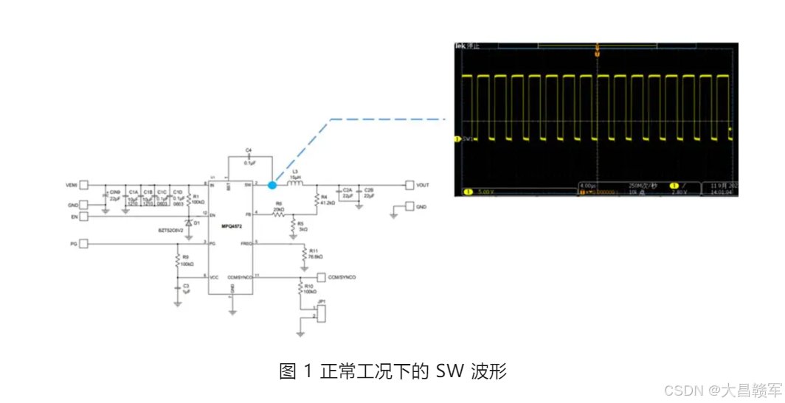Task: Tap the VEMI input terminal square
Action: pos(84,184)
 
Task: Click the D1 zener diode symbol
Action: pos(189,222)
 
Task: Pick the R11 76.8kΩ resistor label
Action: pos(315,253)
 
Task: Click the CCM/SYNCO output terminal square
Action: pos(321,277)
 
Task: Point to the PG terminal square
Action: pos(84,243)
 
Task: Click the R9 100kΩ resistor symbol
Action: pos(177,260)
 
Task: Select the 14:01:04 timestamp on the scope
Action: pos(722,192)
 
